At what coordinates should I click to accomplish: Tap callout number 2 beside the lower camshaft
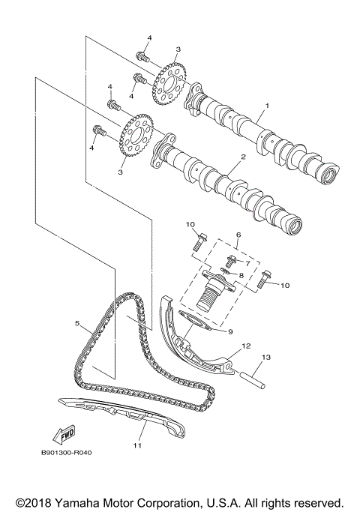tap(242, 158)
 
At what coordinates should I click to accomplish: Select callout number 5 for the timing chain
tap(77, 325)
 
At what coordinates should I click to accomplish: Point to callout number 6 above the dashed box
tap(238, 235)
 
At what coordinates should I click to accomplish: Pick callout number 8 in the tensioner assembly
tap(241, 276)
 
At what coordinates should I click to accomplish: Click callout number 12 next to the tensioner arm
tap(244, 347)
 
